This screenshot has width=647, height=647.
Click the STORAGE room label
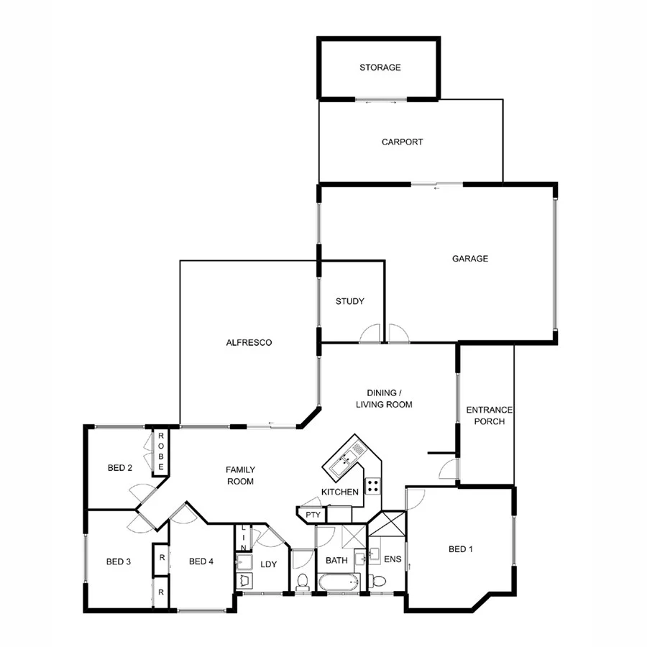pyautogui.click(x=380, y=68)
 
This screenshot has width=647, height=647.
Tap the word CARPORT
pyautogui.click(x=402, y=142)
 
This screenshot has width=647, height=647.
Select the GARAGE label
pyautogui.click(x=469, y=259)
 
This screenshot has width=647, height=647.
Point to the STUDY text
pyautogui.click(x=350, y=301)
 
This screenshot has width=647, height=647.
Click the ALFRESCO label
pyautogui.click(x=248, y=343)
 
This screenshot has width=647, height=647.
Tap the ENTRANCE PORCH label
pyautogui.click(x=489, y=416)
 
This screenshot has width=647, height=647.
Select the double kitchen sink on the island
pyautogui.click(x=347, y=461)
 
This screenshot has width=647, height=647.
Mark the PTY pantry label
pyautogui.click(x=312, y=515)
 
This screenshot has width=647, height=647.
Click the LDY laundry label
pyautogui.click(x=268, y=564)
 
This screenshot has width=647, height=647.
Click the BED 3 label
pyautogui.click(x=118, y=561)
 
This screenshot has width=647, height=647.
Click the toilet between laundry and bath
pyautogui.click(x=302, y=581)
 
